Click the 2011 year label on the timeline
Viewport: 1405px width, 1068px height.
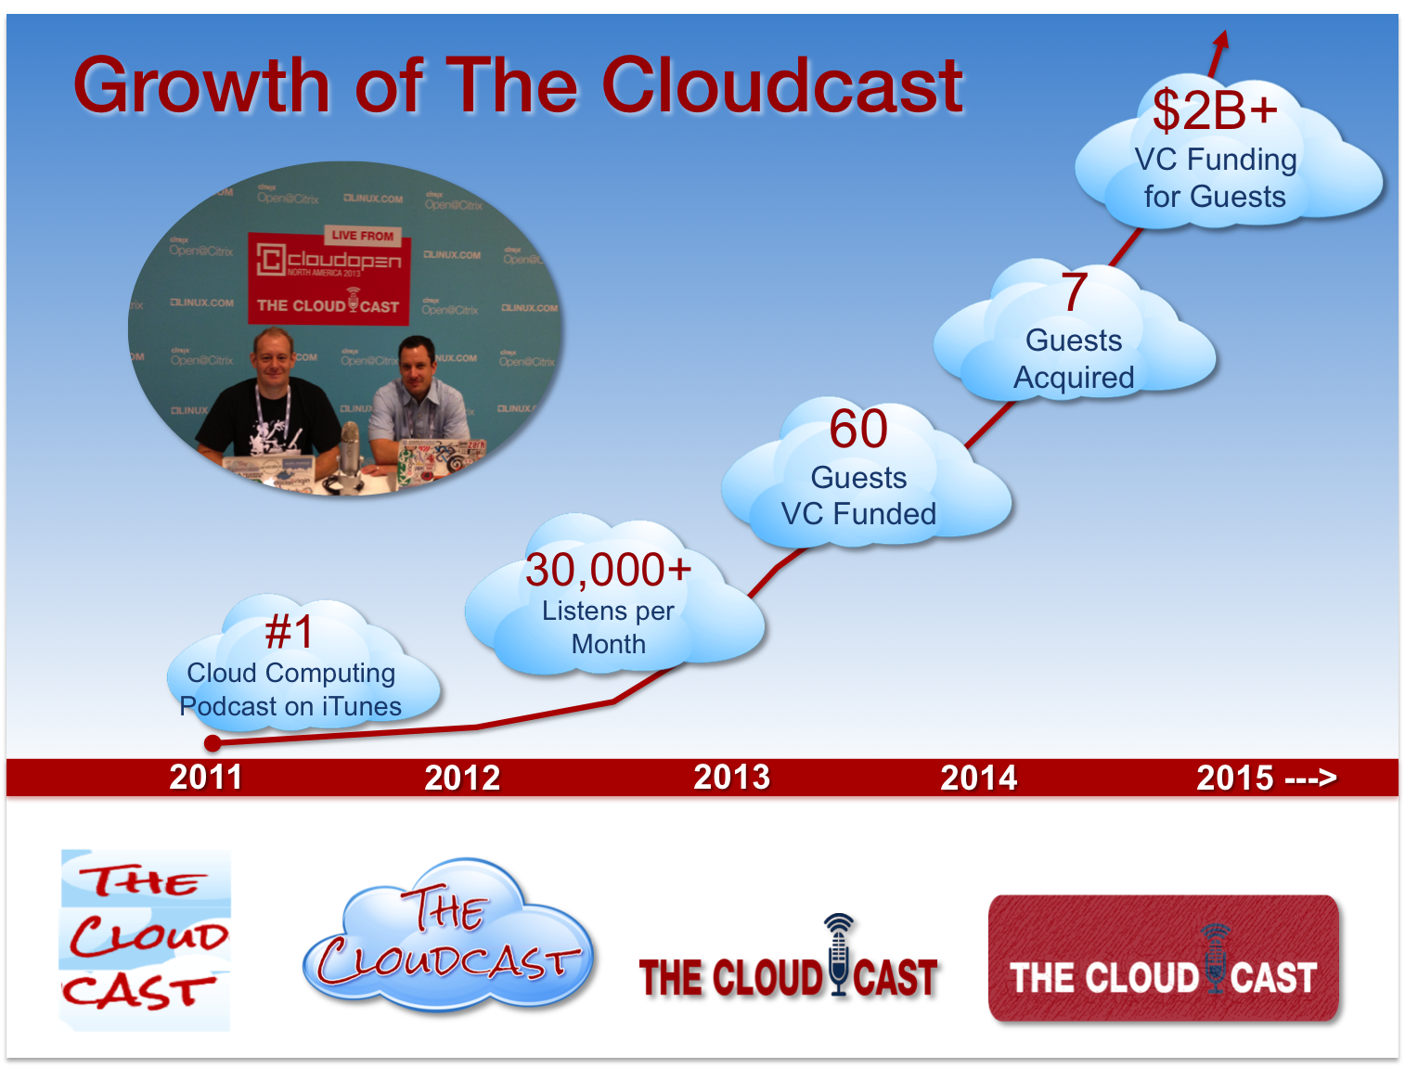[206, 778]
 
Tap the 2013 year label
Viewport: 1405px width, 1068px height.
[731, 778]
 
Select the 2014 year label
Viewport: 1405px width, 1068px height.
[978, 778]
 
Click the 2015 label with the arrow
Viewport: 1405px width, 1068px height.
[1266, 778]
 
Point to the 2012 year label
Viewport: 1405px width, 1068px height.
[462, 778]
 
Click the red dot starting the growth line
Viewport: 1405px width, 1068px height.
[213, 743]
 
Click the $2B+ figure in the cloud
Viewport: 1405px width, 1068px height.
[1215, 111]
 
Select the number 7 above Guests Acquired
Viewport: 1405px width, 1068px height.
[1074, 292]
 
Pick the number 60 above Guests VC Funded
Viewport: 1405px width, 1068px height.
[858, 429]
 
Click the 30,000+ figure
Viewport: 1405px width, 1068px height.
[608, 570]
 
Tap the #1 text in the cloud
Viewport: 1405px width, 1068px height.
[290, 633]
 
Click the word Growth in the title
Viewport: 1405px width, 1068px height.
[202, 85]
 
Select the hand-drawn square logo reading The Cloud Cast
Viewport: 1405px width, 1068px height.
[145, 939]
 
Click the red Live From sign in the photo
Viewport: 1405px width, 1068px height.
[362, 236]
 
